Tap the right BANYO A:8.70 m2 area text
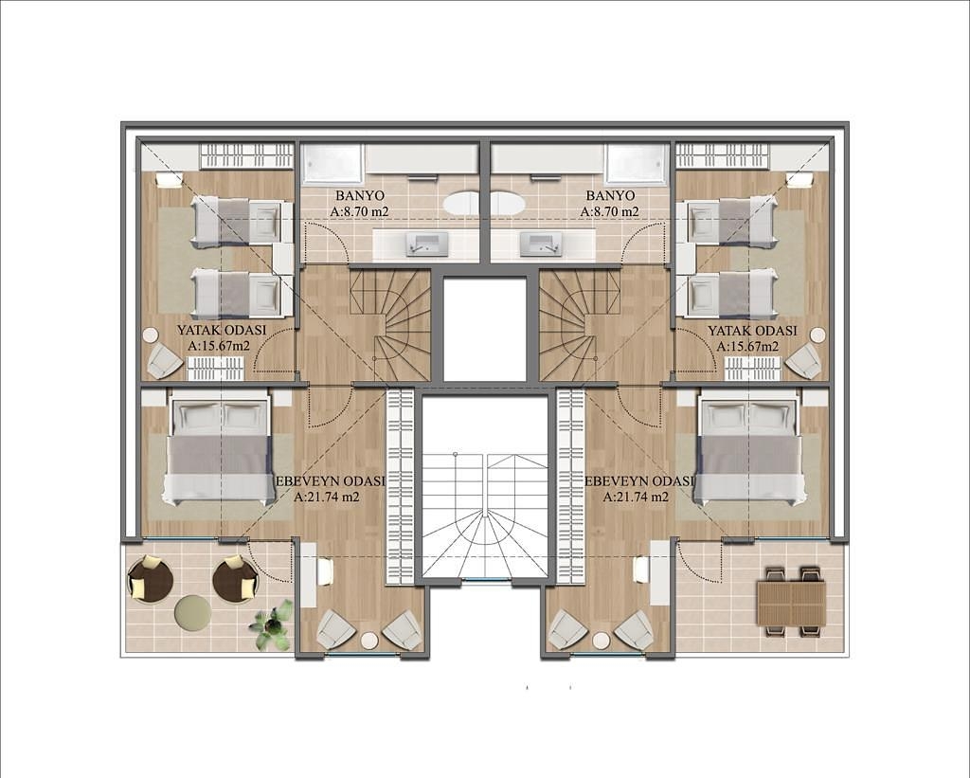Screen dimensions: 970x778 tap(610, 211)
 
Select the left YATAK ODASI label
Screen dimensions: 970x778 tap(222, 331)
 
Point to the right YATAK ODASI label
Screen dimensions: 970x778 tap(752, 331)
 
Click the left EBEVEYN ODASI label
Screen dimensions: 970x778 tap(330, 481)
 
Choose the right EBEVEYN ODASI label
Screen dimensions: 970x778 tap(638, 481)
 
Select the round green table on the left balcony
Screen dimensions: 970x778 tap(192, 612)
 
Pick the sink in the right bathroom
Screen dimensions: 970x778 tap(540, 244)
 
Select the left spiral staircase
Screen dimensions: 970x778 tap(389, 326)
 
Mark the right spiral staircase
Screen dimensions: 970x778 tap(580, 326)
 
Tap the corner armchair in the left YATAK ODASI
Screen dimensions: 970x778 tap(162, 361)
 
